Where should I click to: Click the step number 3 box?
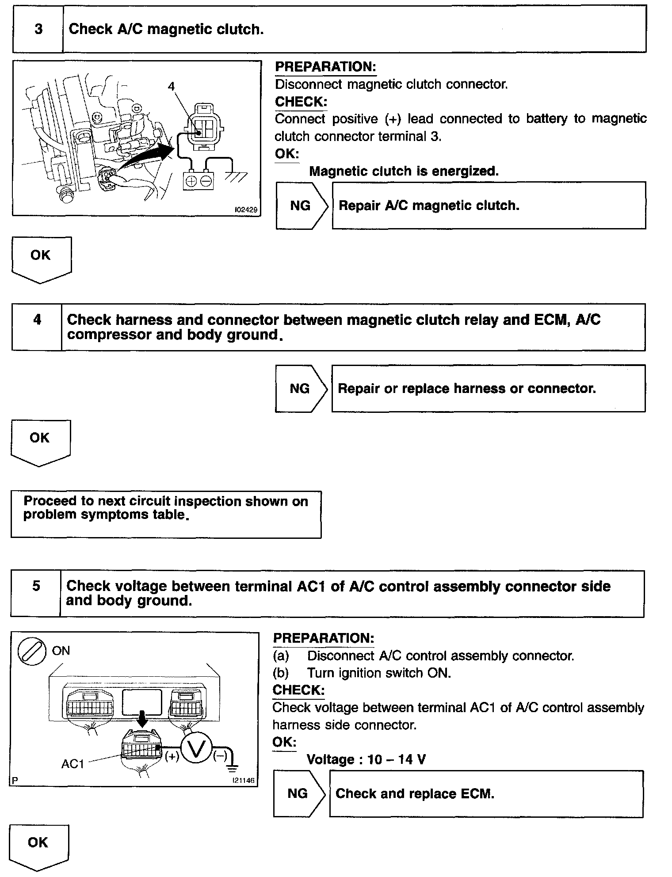tap(38, 29)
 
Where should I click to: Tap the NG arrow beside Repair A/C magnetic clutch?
tap(302, 206)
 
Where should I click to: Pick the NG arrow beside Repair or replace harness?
tap(301, 389)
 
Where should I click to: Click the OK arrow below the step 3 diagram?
tap(41, 259)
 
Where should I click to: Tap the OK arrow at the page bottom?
tap(38, 845)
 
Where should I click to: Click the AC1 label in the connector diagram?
tap(73, 764)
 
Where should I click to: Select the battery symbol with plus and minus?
tap(199, 181)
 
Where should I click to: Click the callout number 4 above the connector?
tap(171, 86)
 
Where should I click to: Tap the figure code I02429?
tap(245, 210)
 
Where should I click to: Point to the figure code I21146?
tap(244, 781)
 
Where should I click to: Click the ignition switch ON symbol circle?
tap(31, 652)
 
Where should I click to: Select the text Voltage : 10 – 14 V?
tap(366, 759)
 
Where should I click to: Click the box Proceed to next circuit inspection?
tap(166, 514)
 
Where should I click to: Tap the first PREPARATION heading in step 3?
tap(325, 67)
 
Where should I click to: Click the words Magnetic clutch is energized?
tap(404, 171)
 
